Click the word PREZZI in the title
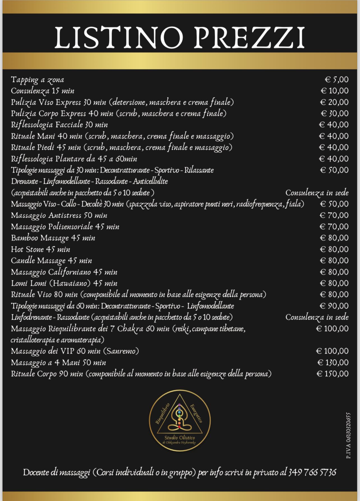[x=248, y=38]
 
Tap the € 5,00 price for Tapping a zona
[x=337, y=80]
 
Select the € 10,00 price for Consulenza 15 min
[x=335, y=91]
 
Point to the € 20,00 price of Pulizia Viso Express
[x=334, y=102]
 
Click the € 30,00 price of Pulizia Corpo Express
[x=335, y=113]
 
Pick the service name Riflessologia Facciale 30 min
[x=59, y=125]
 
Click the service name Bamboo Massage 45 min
[x=53, y=238]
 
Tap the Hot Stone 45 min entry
[x=41, y=249]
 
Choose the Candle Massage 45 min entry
[x=52, y=261]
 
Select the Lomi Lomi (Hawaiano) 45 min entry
[x=64, y=283]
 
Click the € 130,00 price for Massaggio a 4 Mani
[x=333, y=363]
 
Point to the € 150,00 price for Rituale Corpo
[x=333, y=374]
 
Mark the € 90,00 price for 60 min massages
[x=334, y=306]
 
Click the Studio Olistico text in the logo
[x=180, y=438]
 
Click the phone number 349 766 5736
[x=312, y=472]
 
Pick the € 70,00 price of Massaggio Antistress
[x=334, y=215]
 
